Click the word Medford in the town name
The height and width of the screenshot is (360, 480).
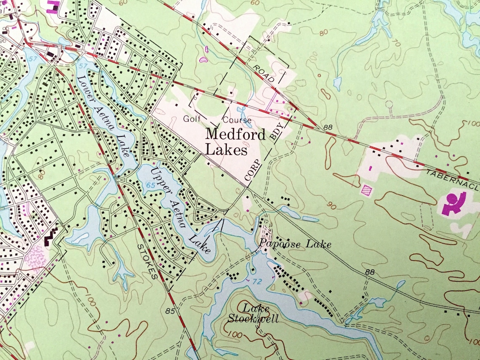(235, 135)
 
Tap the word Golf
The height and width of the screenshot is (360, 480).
(192, 119)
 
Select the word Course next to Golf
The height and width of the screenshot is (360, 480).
(237, 120)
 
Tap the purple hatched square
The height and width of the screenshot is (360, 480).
(367, 190)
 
